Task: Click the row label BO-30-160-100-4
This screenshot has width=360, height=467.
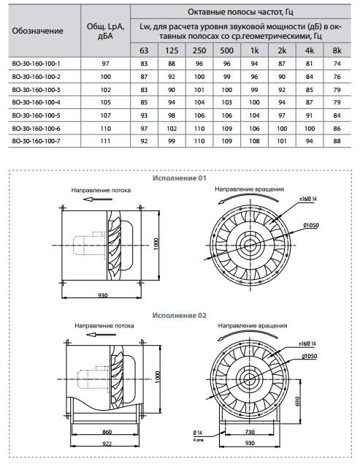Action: (36, 102)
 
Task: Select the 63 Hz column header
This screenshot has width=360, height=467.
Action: (144, 50)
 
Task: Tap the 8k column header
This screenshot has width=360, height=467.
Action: (337, 50)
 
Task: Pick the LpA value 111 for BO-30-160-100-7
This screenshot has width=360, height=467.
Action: (105, 141)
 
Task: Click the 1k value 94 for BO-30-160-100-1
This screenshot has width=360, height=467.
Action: (254, 64)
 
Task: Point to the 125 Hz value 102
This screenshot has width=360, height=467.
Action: (172, 129)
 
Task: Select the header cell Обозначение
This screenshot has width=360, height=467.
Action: (37, 31)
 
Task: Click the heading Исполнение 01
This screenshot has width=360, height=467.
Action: (180, 178)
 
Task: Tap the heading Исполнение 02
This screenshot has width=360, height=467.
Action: (180, 316)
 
